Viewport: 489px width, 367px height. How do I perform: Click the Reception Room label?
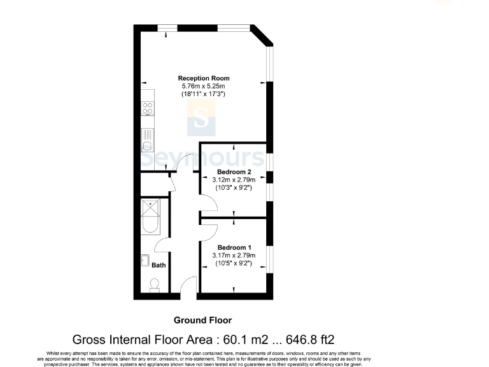click(x=203, y=78)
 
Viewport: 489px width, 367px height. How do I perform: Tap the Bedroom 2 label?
click(x=234, y=172)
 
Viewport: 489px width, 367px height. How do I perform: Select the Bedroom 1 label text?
click(x=234, y=247)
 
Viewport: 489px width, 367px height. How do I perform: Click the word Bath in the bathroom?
click(x=158, y=265)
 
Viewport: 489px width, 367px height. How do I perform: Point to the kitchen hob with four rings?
click(x=147, y=110)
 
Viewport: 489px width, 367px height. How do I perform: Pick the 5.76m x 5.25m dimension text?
click(x=203, y=86)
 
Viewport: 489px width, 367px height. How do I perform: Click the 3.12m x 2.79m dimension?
click(x=234, y=180)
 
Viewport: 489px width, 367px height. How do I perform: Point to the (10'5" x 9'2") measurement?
click(x=234, y=263)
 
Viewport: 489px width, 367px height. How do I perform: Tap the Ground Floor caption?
click(x=202, y=320)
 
